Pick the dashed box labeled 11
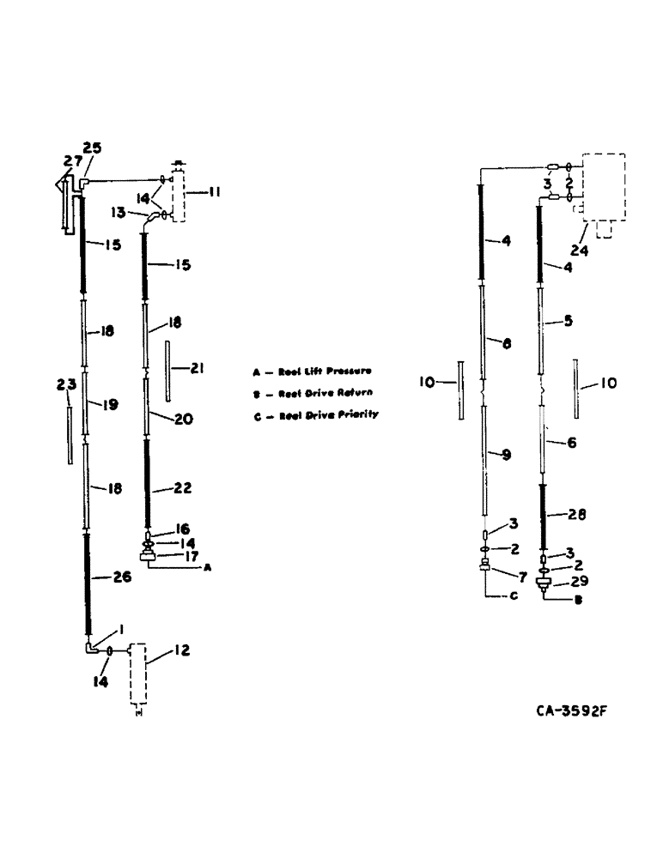coord(178,196)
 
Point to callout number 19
coord(110,403)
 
